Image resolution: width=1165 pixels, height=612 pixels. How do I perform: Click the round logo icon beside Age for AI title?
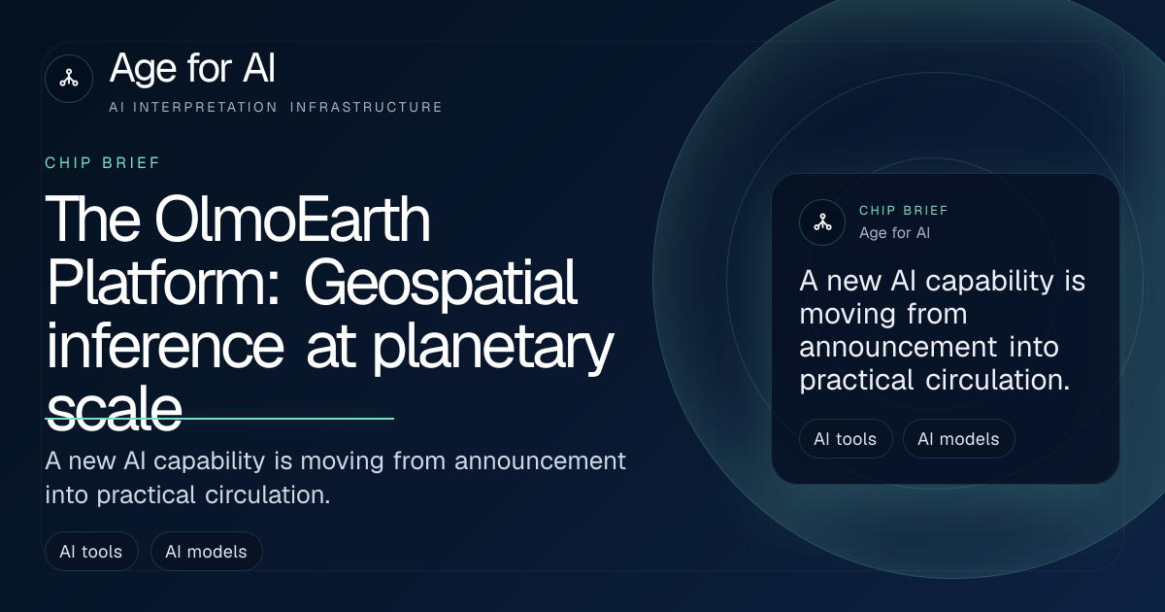[69, 79]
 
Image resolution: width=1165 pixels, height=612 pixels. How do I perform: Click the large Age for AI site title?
[192, 68]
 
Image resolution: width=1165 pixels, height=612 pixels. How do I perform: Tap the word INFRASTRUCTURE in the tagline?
[366, 107]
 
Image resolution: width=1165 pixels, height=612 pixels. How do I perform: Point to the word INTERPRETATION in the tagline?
[206, 107]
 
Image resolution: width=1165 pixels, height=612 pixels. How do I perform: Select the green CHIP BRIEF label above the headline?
[103, 163]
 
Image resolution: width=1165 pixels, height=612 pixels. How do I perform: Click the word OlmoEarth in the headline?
[292, 219]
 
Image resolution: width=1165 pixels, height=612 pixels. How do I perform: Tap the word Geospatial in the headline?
[441, 284]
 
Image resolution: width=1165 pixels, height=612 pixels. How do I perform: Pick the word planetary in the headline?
[493, 348]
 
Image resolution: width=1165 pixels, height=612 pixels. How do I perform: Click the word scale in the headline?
[114, 409]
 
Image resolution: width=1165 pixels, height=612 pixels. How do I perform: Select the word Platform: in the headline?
[163, 283]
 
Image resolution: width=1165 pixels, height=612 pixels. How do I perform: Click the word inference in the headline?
[165, 346]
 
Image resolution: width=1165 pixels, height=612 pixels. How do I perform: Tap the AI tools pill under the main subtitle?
[91, 551]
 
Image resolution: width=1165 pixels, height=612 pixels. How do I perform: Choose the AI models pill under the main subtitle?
[207, 551]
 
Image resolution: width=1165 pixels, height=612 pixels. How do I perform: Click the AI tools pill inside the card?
[846, 439]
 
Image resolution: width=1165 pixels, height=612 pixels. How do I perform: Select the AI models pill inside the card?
[958, 439]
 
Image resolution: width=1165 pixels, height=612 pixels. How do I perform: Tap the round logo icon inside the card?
[822, 222]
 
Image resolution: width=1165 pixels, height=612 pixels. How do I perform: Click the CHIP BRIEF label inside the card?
[904, 210]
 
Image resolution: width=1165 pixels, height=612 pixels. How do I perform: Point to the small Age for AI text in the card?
[894, 232]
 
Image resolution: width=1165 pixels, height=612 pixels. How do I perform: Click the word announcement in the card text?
[898, 347]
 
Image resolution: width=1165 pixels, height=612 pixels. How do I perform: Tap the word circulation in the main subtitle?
[268, 494]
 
